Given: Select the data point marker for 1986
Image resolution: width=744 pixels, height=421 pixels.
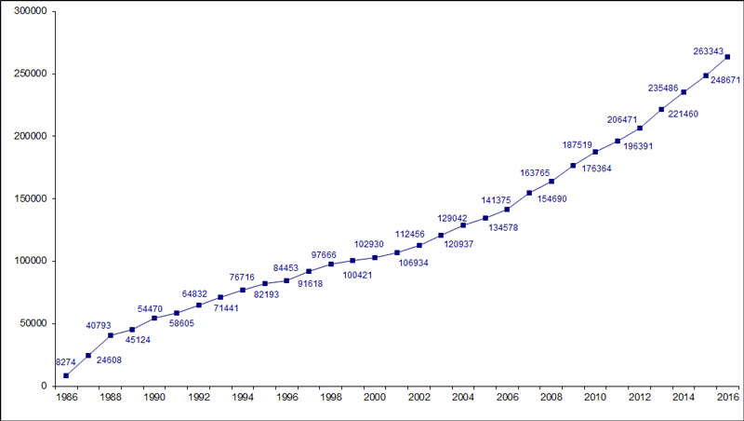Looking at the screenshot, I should tap(66, 375).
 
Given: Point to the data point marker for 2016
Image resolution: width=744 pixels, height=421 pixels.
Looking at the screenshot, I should tap(727, 57).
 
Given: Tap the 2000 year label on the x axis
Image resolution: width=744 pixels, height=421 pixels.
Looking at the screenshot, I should tap(375, 398).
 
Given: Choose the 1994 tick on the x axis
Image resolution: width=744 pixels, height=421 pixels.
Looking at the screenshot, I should tap(243, 398).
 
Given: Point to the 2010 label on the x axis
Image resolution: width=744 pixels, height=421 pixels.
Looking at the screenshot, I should tap(595, 398).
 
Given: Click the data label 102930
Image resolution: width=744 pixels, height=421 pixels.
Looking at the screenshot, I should tap(370, 244).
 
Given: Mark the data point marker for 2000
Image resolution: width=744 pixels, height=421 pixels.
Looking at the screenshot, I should tap(375, 257).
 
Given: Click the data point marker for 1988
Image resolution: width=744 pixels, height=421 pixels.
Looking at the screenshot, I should tap(111, 335).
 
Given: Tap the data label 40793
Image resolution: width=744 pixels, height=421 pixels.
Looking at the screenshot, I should tap(101, 325).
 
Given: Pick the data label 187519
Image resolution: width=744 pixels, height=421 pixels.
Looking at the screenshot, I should tap(578, 144).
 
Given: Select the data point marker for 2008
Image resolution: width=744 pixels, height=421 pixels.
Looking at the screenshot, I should tap(551, 181).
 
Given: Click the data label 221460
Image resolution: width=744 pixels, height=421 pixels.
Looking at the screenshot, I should tap(684, 114).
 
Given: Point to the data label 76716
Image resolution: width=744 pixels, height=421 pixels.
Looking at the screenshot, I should tap(241, 277).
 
